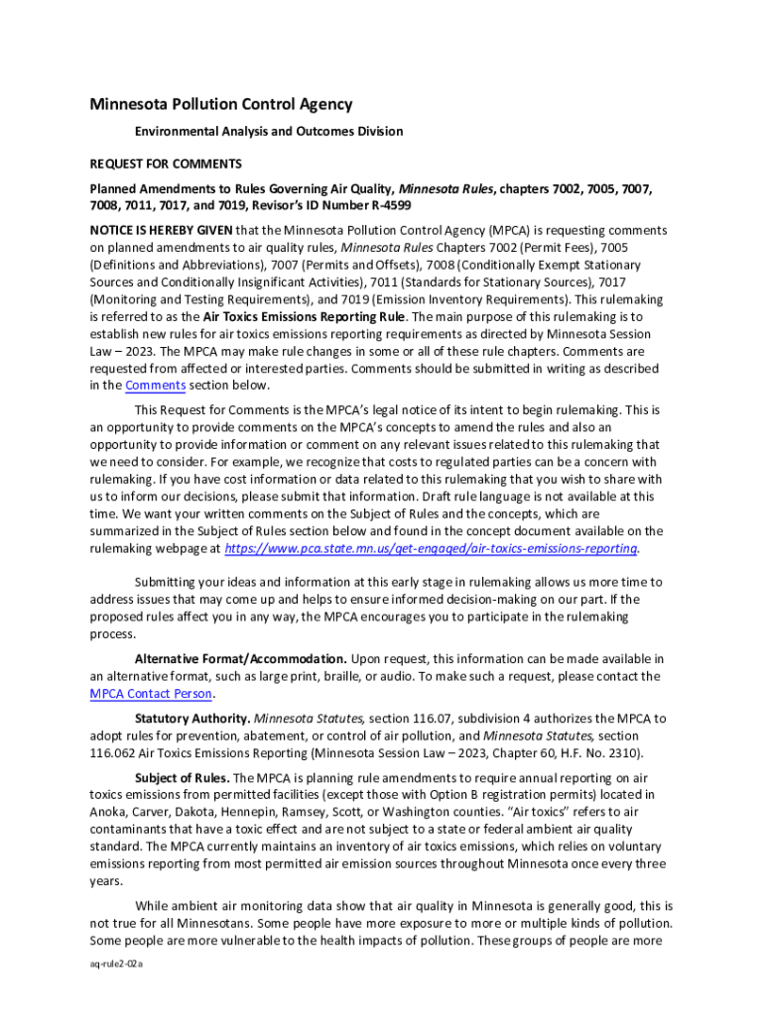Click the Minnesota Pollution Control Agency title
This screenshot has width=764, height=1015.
pyautogui.click(x=221, y=104)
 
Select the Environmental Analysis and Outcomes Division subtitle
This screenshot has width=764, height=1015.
pyautogui.click(x=269, y=131)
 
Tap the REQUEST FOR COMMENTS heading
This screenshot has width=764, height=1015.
pyautogui.click(x=166, y=164)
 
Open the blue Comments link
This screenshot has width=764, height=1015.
pyautogui.click(x=155, y=385)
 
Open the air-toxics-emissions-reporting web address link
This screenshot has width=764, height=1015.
pyautogui.click(x=432, y=548)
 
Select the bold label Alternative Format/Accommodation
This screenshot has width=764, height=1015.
pyautogui.click(x=241, y=659)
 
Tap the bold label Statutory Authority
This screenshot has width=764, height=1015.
pyautogui.click(x=192, y=718)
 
